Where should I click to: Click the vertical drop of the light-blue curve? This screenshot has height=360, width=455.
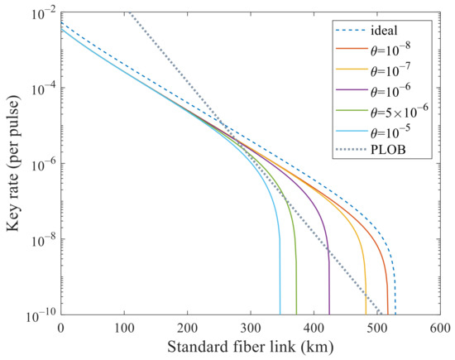coord(280,281)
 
